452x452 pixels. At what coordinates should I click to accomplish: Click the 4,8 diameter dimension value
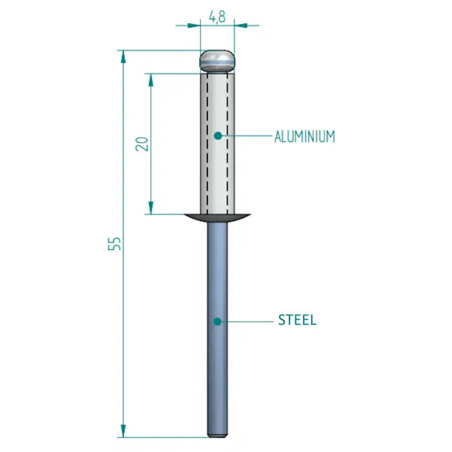coord(217,17)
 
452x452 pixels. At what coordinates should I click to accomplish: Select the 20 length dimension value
coord(143,143)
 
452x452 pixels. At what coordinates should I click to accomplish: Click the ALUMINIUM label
coord(304,136)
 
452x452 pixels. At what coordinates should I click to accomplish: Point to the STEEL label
coord(297,320)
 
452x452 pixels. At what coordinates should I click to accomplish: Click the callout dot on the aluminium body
coord(218,135)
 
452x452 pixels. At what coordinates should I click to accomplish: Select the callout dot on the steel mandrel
coord(218,320)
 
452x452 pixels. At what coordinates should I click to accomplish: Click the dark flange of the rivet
coord(218,218)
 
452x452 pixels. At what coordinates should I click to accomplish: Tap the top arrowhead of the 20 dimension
coord(151,77)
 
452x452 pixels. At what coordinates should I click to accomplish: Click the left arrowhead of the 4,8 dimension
coord(195,26)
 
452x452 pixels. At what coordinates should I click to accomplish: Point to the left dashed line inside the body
coord(207,142)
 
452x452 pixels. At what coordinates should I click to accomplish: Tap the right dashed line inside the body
coord(227,142)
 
